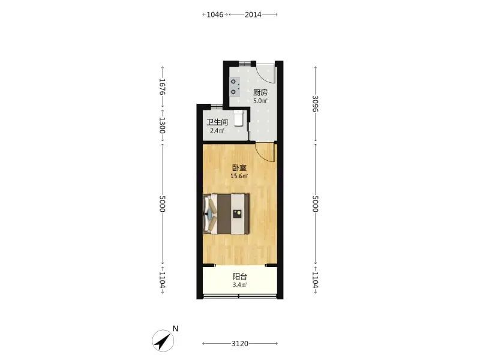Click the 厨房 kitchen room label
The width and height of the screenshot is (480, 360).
point(260,92)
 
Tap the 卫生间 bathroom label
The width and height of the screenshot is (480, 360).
point(217,122)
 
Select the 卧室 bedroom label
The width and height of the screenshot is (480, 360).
point(239,168)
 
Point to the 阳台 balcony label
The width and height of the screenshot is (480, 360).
point(239,277)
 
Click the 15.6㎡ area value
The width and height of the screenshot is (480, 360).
point(239,176)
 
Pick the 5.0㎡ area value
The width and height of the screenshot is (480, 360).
point(260,101)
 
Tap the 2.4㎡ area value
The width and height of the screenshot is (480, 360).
point(217,131)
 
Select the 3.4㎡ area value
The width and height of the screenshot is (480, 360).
point(239,285)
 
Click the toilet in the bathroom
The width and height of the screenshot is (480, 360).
point(239,118)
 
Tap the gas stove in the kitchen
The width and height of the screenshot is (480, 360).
point(235,86)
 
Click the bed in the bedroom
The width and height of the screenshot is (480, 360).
point(226,214)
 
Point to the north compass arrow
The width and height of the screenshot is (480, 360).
point(163,341)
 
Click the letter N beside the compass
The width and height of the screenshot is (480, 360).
point(175,329)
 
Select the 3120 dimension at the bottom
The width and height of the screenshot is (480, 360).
point(239,344)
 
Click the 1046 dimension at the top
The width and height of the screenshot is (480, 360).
point(215,14)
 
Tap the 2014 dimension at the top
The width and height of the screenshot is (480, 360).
point(253,14)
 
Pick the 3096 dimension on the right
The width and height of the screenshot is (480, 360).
point(316,104)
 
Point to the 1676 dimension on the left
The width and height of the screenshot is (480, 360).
point(162,86)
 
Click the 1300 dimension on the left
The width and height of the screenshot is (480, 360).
point(162,125)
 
